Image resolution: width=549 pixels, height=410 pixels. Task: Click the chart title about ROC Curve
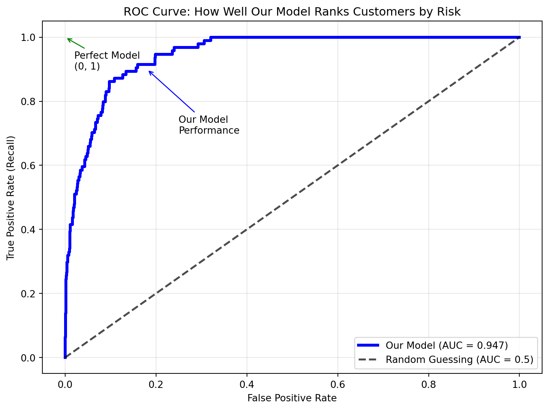pyautogui.click(x=292, y=12)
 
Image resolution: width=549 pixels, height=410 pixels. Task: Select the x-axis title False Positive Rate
pyautogui.click(x=292, y=398)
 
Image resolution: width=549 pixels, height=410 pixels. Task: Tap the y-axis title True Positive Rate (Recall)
pyautogui.click(x=11, y=198)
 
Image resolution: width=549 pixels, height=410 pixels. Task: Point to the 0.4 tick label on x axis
pyautogui.click(x=247, y=384)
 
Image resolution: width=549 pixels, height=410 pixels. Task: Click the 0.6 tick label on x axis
pyautogui.click(x=338, y=384)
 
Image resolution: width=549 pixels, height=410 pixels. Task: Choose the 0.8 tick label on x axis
pyautogui.click(x=428, y=384)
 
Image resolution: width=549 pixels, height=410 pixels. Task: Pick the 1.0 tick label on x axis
pyautogui.click(x=519, y=384)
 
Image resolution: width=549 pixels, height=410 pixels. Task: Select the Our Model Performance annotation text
pyautogui.click(x=209, y=125)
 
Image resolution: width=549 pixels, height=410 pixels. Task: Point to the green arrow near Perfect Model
pyautogui.click(x=76, y=43)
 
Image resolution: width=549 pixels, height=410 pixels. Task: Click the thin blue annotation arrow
pyautogui.click(x=171, y=91)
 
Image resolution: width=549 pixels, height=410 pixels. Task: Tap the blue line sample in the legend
pyautogui.click(x=368, y=346)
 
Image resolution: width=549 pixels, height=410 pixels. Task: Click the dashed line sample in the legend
pyautogui.click(x=368, y=360)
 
